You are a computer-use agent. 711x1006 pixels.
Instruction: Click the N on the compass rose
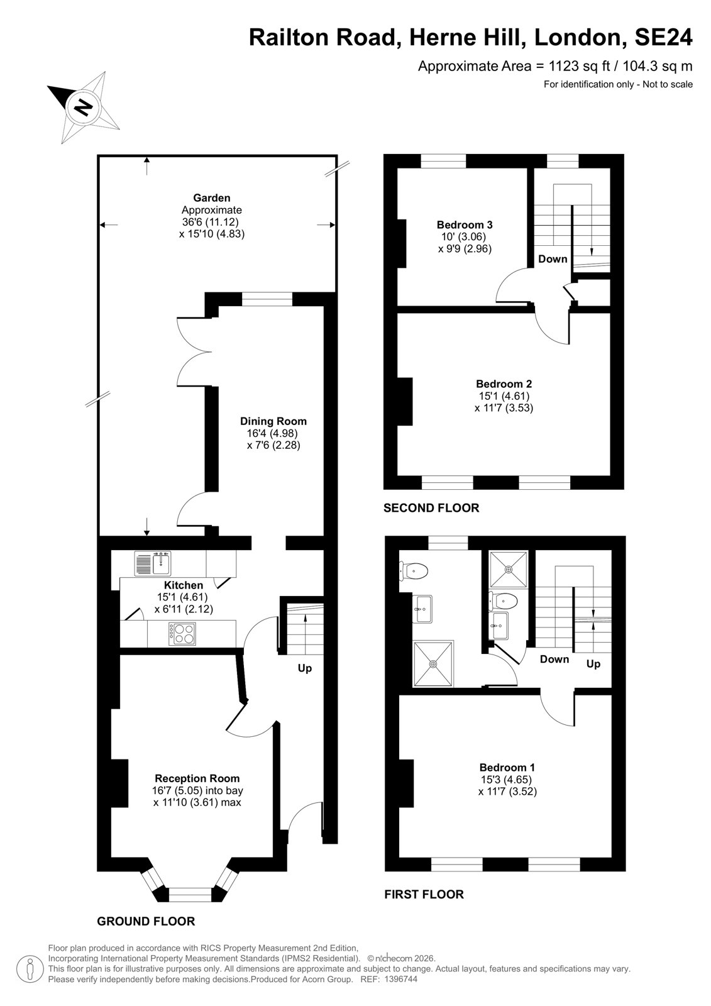tap(82, 108)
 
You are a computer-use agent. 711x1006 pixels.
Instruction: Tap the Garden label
tap(212, 197)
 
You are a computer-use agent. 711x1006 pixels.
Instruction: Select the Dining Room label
tap(273, 421)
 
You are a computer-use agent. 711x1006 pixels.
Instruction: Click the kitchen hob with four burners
tap(182, 634)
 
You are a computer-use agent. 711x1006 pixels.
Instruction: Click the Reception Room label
tap(197, 778)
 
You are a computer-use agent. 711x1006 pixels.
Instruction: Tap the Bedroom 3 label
tap(465, 224)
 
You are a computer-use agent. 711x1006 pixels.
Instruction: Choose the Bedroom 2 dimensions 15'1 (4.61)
tap(504, 396)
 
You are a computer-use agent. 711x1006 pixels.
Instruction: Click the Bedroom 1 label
tap(507, 768)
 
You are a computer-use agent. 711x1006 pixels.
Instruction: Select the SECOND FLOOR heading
tap(431, 508)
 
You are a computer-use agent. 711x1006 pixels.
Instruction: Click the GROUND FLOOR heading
tap(146, 922)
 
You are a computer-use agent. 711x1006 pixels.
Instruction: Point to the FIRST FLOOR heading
tap(424, 895)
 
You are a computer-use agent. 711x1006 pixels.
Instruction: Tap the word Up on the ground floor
tap(304, 669)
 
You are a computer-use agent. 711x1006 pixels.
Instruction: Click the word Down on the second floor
tap(553, 259)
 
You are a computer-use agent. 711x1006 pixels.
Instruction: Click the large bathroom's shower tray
tap(433, 664)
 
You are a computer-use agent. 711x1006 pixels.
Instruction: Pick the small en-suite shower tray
tap(509, 570)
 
